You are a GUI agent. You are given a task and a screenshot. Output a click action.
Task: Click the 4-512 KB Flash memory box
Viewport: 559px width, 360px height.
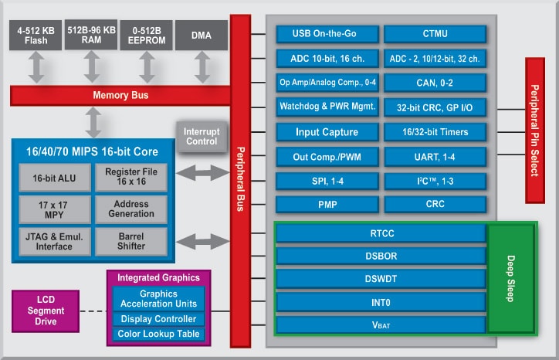pos(36,35)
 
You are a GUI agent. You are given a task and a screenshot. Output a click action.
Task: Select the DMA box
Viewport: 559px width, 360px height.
pos(202,35)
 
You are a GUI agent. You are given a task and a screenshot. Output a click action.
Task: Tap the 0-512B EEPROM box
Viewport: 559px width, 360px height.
pos(146,35)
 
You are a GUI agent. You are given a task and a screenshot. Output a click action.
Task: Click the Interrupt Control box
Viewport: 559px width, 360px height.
pos(202,137)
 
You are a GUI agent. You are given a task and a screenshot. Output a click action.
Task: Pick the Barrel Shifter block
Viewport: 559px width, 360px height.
pos(131,242)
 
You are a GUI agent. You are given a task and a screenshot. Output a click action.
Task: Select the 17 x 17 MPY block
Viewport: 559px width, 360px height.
pos(55,210)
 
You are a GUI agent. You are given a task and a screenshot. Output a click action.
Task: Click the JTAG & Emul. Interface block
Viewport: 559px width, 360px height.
pos(55,242)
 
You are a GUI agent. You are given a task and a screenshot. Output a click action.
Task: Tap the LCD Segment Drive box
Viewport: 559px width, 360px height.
pos(46,311)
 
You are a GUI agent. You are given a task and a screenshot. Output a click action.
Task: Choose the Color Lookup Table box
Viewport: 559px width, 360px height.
pos(158,334)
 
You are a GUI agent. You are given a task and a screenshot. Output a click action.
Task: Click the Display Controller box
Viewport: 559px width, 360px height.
pos(158,319)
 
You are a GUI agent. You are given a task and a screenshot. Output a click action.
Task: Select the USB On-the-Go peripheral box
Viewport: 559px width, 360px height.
pos(327,34)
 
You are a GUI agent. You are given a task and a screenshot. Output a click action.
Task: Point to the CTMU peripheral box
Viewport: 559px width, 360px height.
pos(435,34)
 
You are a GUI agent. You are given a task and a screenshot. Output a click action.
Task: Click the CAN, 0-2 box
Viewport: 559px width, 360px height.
pos(435,83)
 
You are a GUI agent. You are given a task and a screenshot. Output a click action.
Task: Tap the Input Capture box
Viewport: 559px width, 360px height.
pos(327,132)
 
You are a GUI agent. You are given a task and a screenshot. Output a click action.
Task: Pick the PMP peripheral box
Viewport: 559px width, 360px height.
pos(327,205)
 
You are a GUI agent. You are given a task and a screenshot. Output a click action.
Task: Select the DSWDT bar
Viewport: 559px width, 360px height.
pos(381,279)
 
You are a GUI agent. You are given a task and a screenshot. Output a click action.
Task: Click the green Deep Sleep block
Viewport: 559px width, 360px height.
pos(511,279)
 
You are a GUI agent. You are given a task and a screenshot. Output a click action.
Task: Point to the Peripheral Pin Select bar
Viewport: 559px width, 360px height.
pos(535,131)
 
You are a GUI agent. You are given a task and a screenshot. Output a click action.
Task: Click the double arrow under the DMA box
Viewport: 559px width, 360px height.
pos(202,67)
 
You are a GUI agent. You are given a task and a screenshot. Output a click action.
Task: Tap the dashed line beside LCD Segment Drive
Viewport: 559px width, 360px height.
pos(93,311)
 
